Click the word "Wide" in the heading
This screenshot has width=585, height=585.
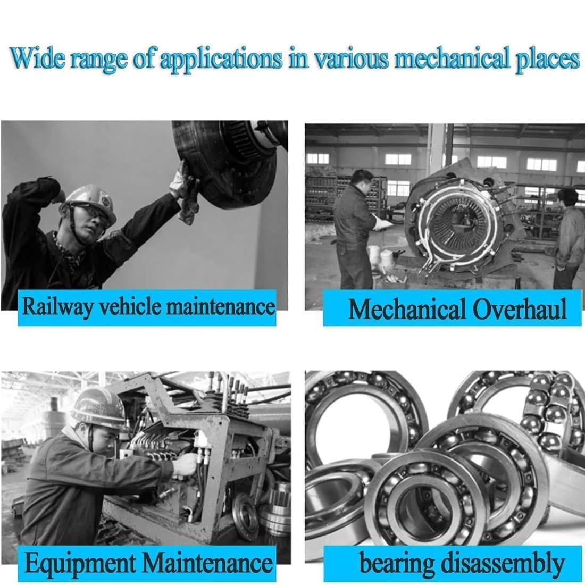(x=38, y=59)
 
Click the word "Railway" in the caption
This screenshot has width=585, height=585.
(x=57, y=308)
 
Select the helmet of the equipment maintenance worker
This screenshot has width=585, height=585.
(x=98, y=409)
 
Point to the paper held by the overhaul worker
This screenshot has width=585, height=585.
(x=383, y=223)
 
